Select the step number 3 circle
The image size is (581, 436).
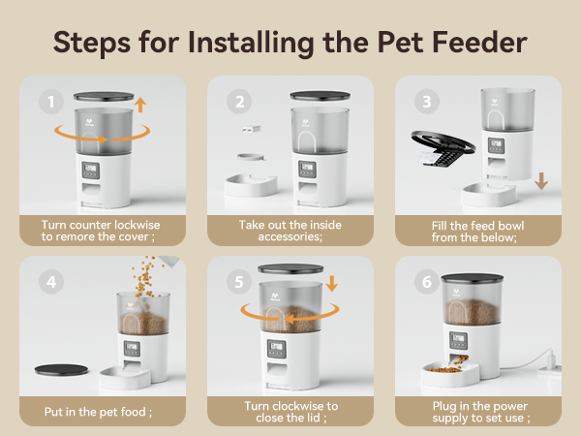(x=423, y=102)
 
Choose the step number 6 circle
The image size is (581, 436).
(x=423, y=282)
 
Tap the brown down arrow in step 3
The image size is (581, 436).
(x=542, y=181)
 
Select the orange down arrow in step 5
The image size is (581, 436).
(x=333, y=285)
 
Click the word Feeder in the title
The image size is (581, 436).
(x=476, y=43)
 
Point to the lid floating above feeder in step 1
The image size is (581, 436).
(x=104, y=98)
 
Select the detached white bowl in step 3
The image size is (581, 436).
(x=490, y=195)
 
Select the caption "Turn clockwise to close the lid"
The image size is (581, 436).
(x=291, y=413)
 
